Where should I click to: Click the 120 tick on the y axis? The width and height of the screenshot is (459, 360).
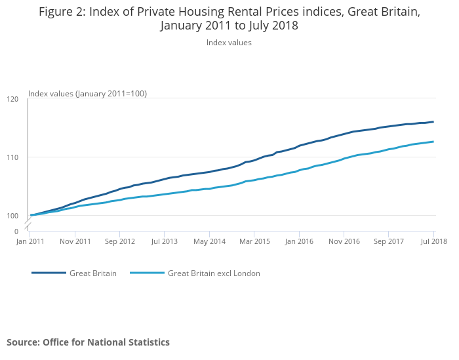[x=12, y=99]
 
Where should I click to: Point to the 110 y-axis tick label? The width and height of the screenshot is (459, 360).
[x=12, y=157]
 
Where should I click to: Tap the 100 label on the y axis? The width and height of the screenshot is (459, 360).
[x=12, y=216]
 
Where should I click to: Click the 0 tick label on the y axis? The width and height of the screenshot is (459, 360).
[x=16, y=231]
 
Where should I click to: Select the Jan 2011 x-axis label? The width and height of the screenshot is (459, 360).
[x=30, y=241]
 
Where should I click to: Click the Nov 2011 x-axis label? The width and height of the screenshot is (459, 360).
[x=75, y=241]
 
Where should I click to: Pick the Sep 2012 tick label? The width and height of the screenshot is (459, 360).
[x=120, y=241]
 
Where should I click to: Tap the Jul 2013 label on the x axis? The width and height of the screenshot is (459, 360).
[x=165, y=241]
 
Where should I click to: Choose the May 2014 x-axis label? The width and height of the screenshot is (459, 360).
[x=209, y=241]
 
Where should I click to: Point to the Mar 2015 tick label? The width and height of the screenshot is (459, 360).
[x=254, y=241]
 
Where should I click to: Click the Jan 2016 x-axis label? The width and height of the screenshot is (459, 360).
[x=299, y=241]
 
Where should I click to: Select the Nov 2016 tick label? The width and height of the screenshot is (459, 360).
[x=344, y=241]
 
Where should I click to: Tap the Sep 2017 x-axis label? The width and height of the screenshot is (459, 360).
[x=389, y=241]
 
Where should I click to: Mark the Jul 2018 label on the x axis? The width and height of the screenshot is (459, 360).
[x=433, y=241]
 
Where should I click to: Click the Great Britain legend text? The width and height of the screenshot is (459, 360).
[x=93, y=273]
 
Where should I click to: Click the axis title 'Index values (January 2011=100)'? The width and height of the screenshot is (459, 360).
[x=87, y=94]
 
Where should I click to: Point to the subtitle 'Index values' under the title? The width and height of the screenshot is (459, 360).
[x=229, y=43]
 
